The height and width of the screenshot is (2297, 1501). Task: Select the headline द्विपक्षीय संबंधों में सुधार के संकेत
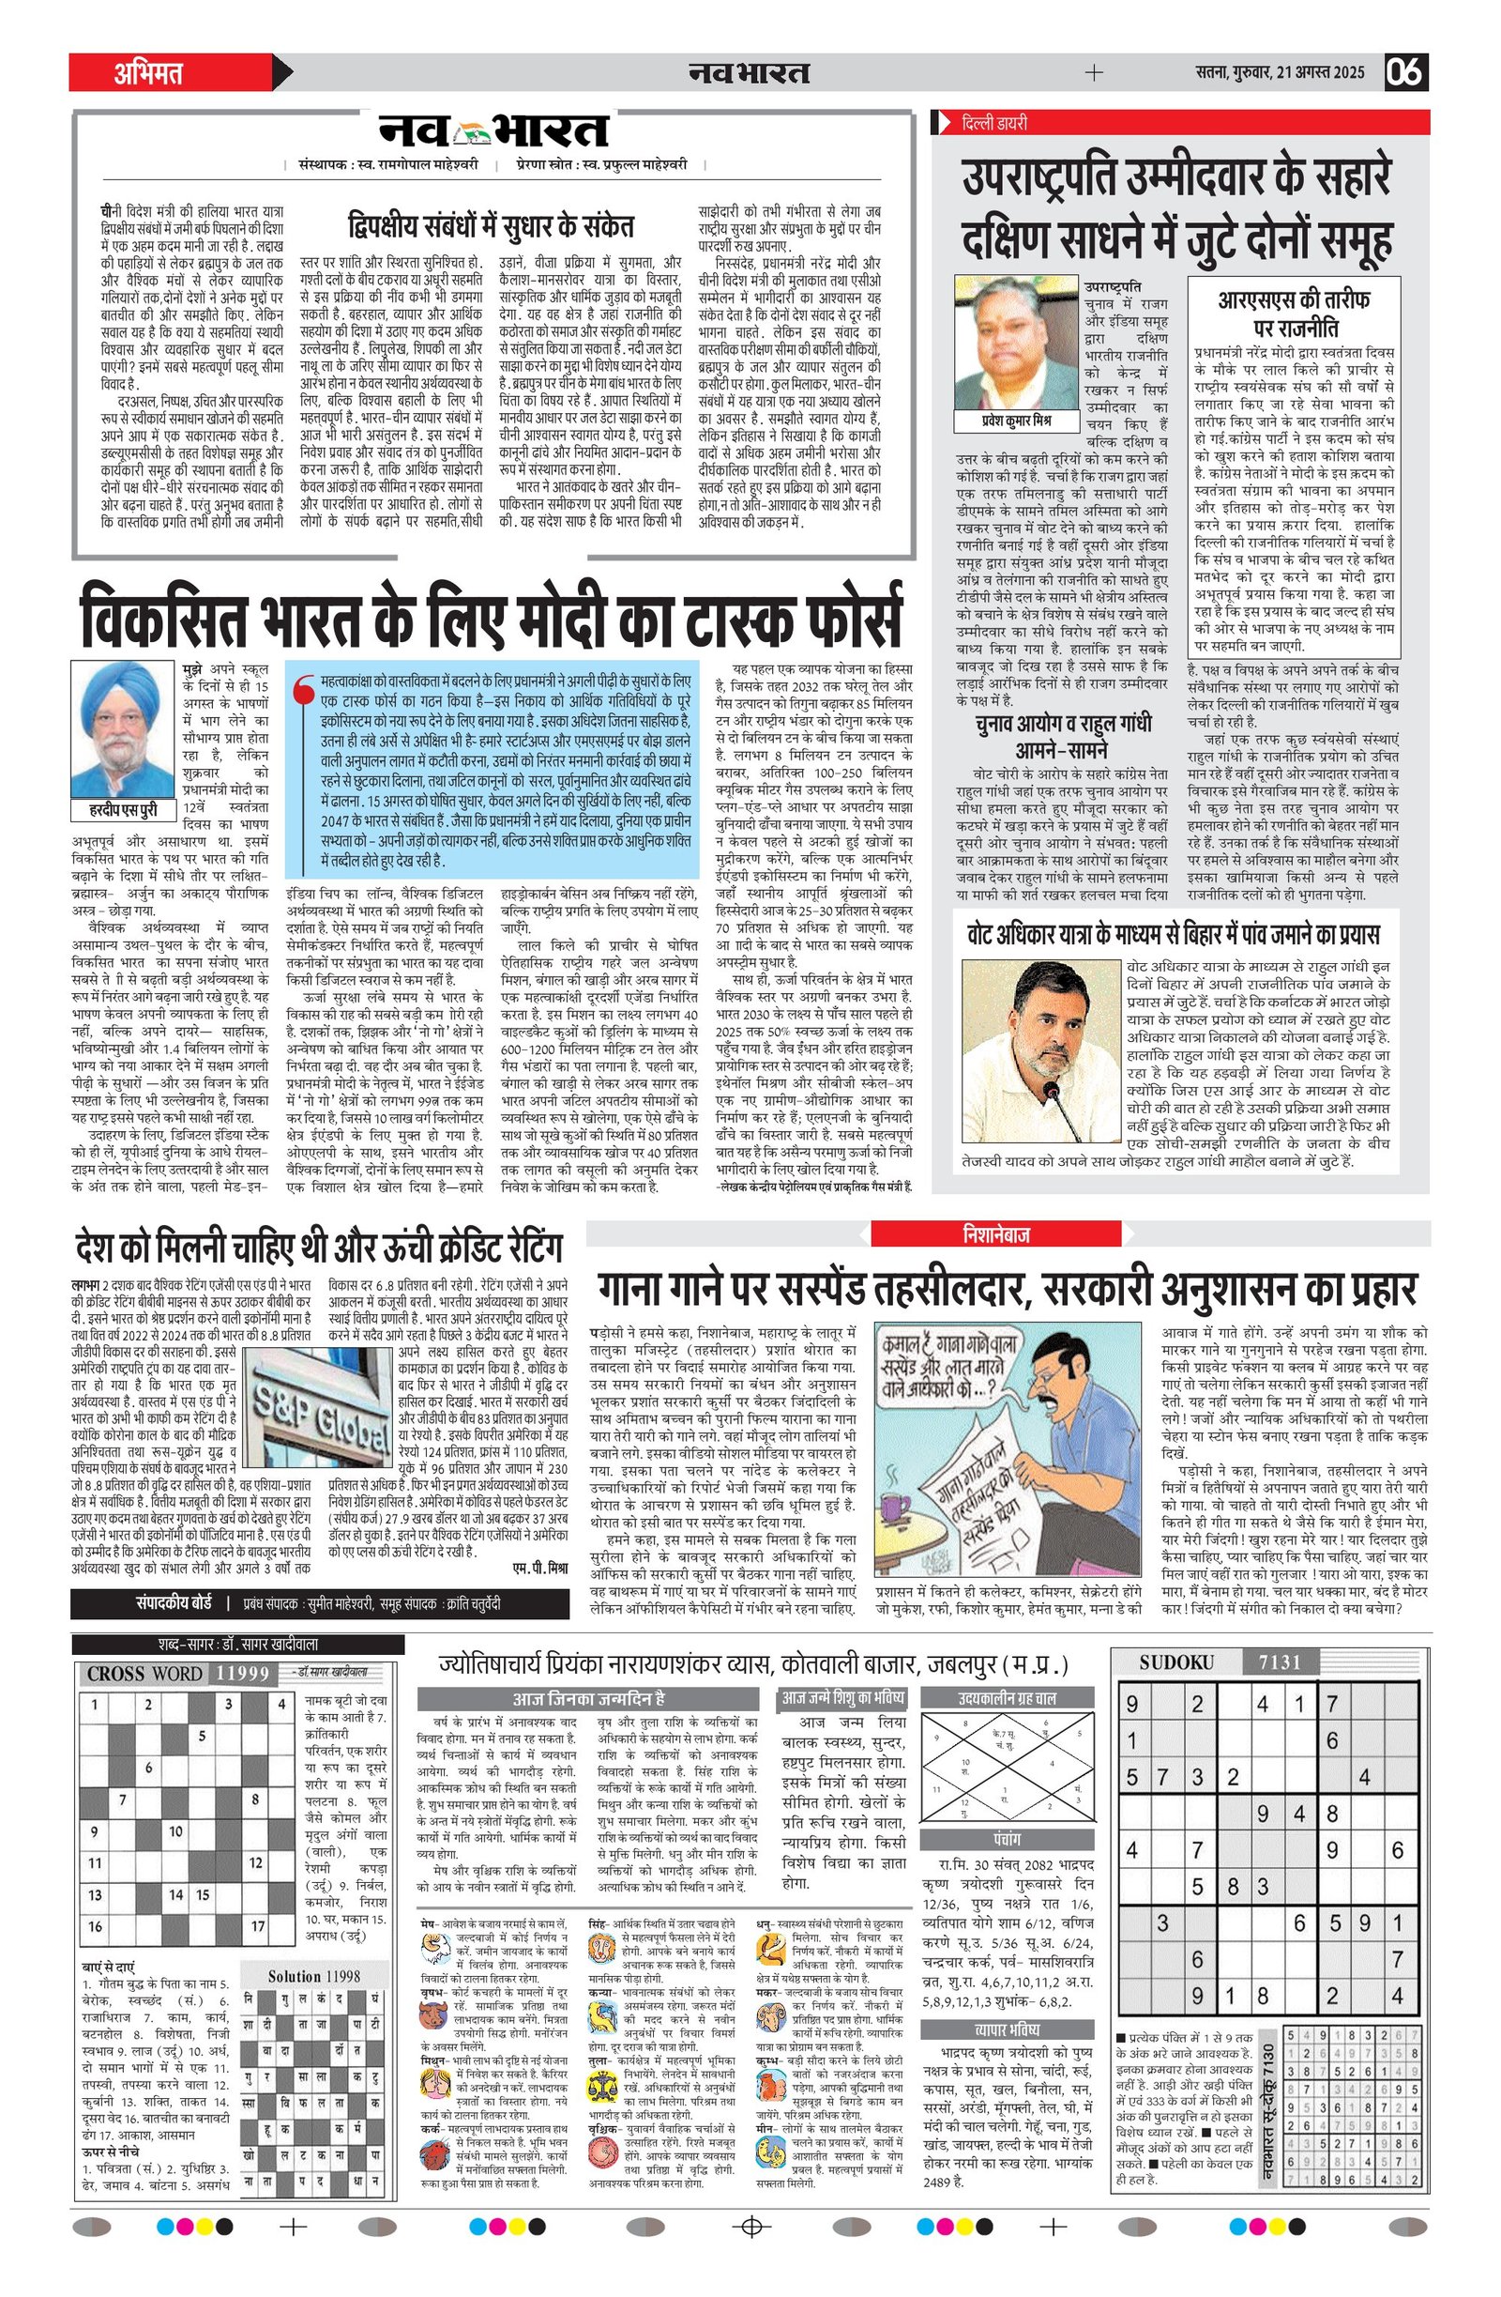click(491, 227)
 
